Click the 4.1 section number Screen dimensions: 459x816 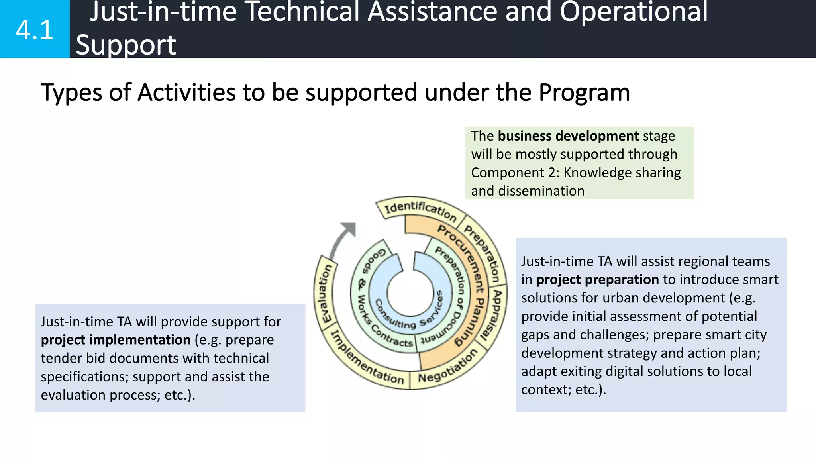pyautogui.click(x=34, y=30)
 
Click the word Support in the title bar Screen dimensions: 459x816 pyautogui.click(x=126, y=45)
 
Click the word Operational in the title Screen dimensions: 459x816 pyautogui.click(x=634, y=12)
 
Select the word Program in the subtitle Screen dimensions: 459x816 pyautogui.click(x=584, y=92)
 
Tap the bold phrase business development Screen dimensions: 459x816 pyautogui.click(x=568, y=136)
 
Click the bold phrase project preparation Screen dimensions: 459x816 pyautogui.click(x=597, y=280)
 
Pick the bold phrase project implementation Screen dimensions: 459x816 pyautogui.click(x=116, y=340)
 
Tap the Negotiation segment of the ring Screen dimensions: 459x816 pyautogui.click(x=447, y=367)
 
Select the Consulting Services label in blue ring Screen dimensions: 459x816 pyautogui.click(x=410, y=315)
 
